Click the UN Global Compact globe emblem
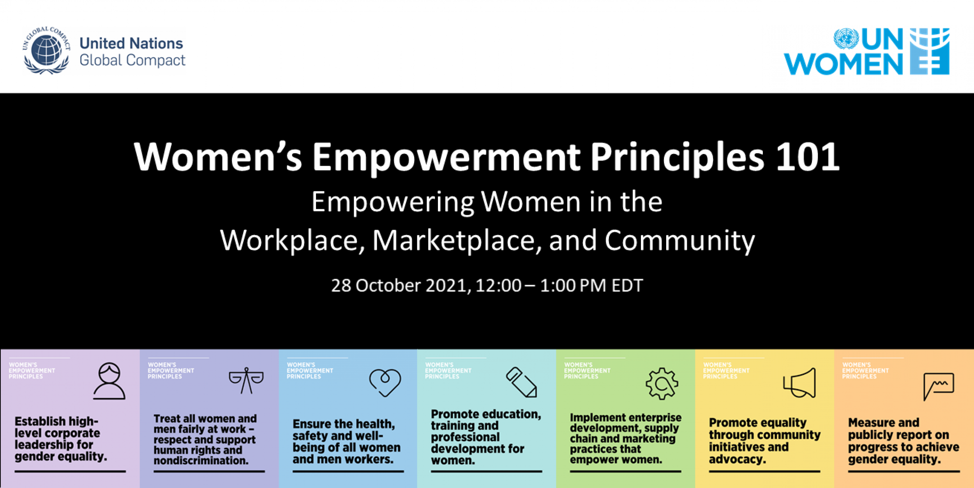click(46, 51)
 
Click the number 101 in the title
click(807, 157)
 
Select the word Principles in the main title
click(677, 157)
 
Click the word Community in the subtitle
click(679, 240)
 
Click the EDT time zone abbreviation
click(627, 286)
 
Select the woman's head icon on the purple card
click(109, 381)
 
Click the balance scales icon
click(246, 380)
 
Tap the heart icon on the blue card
click(385, 382)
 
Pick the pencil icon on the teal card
click(521, 382)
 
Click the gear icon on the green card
click(662, 384)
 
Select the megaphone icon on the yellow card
click(799, 383)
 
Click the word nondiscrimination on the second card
click(201, 461)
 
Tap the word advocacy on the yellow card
click(737, 460)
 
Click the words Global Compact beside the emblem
click(132, 60)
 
